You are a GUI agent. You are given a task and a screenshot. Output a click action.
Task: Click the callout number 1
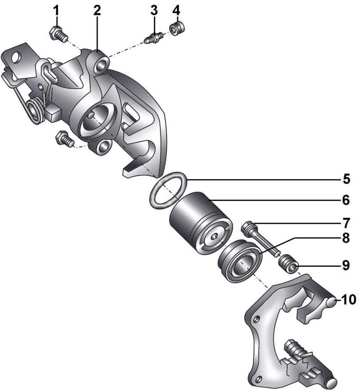pos(57,11)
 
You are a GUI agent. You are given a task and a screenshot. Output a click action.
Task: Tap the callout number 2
pos(97,11)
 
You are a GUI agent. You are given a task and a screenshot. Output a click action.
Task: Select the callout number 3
pos(154,11)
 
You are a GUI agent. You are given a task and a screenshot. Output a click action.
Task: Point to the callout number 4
pos(176,11)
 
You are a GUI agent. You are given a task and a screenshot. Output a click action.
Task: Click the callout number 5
pos(346,179)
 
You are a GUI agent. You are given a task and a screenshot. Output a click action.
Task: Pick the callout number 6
pos(346,200)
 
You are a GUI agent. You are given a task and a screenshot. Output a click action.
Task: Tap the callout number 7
pos(346,223)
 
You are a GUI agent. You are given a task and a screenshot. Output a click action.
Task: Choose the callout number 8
pos(346,238)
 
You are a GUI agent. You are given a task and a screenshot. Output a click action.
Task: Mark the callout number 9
pos(346,265)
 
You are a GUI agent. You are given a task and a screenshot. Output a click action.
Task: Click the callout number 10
pos(349,299)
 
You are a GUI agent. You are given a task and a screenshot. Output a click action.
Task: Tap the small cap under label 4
pos(177,29)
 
